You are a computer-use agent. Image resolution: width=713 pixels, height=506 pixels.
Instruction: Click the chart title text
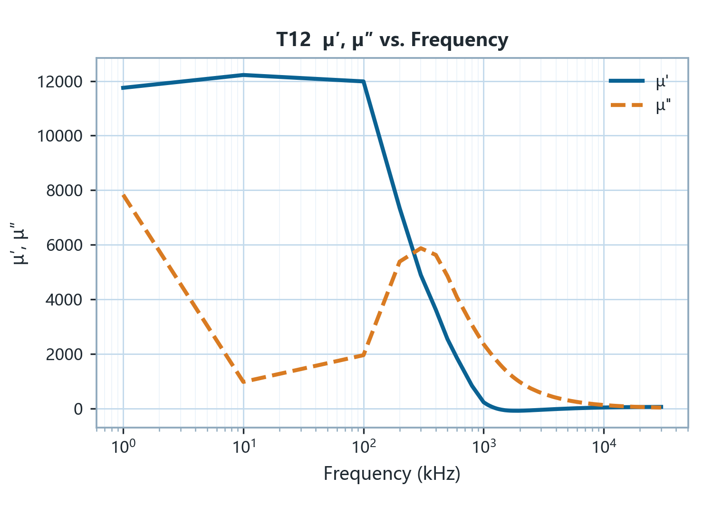(392, 40)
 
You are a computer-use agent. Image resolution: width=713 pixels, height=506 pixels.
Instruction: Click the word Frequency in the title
(460, 40)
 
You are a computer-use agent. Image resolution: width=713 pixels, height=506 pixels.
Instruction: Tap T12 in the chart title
(293, 40)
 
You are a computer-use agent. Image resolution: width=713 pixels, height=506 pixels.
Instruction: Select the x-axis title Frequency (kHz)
(392, 474)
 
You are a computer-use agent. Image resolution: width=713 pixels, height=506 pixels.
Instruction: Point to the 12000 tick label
(60, 82)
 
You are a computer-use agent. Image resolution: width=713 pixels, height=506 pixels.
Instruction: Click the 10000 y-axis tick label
(60, 136)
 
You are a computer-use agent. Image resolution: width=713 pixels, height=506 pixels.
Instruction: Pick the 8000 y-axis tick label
(64, 191)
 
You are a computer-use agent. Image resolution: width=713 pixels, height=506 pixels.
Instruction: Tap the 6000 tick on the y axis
(64, 245)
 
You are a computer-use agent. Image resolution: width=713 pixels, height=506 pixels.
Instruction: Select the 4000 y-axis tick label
(64, 300)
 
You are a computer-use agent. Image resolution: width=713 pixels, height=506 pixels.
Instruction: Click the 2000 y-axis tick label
(64, 354)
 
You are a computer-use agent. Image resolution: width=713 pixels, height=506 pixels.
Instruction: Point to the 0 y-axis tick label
(78, 409)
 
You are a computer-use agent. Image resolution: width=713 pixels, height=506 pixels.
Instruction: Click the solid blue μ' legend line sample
(627, 81)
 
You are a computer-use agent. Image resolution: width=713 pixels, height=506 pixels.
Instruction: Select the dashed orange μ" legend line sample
(627, 105)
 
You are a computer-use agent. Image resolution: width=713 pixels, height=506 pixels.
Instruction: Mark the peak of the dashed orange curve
(421, 248)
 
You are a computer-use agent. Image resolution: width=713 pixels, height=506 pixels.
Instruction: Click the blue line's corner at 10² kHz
(364, 81)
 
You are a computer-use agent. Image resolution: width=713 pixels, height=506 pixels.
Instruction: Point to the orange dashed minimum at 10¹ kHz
(244, 382)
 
